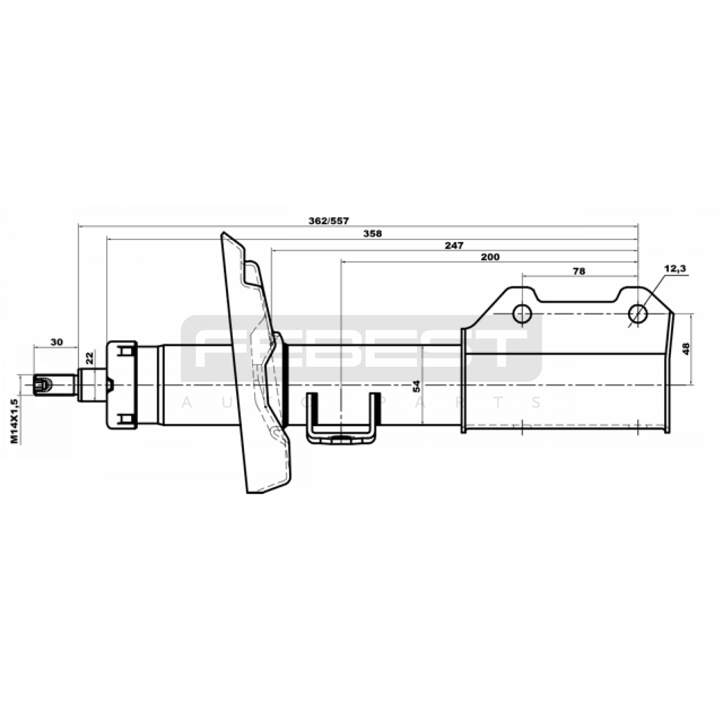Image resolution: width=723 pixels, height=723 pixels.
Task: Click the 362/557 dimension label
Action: tap(329, 221)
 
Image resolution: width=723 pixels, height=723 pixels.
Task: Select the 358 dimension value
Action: tap(372, 234)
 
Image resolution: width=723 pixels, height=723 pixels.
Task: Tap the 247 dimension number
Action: tap(454, 245)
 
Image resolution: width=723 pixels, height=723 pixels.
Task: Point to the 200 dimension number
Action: tap(490, 257)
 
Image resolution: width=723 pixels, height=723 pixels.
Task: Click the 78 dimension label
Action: tap(579, 271)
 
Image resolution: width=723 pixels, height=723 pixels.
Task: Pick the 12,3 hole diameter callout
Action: tap(675, 268)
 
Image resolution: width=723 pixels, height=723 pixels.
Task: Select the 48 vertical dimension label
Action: tap(686, 348)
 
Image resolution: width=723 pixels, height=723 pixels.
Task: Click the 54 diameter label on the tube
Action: tap(416, 386)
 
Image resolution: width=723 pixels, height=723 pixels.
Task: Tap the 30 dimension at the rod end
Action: tap(56, 342)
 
